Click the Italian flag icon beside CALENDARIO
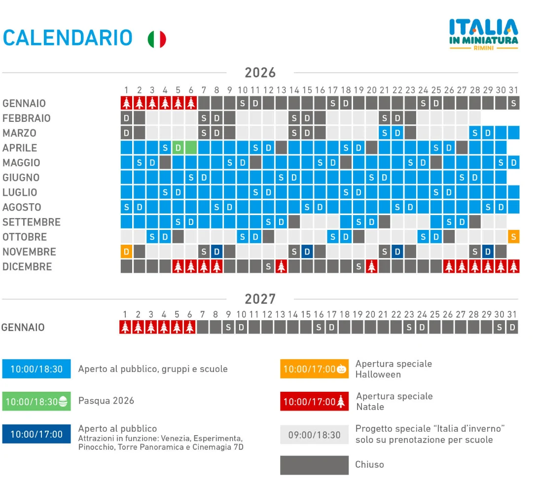pyautogui.click(x=157, y=39)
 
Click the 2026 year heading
pyautogui.click(x=260, y=73)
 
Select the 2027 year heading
pyautogui.click(x=260, y=299)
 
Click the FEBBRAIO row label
pyautogui.click(x=27, y=118)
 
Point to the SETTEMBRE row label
pyautogui.click(x=32, y=222)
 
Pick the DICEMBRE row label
pyautogui.click(x=27, y=266)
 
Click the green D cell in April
pyautogui.click(x=178, y=148)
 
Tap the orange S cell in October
pyautogui.click(x=513, y=237)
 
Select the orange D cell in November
pyautogui.click(x=127, y=252)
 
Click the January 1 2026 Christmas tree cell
pyautogui.click(x=127, y=103)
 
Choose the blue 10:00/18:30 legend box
pyautogui.click(x=36, y=369)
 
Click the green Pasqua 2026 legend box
pyautogui.click(x=36, y=402)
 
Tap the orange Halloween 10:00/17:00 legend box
pyautogui.click(x=315, y=369)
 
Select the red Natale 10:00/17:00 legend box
pyautogui.click(x=315, y=402)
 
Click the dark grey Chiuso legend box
pyautogui.click(x=315, y=465)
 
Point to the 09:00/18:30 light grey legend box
pyautogui.click(x=315, y=435)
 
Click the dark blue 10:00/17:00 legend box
pyautogui.click(x=36, y=434)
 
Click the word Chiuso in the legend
pyautogui.click(x=369, y=464)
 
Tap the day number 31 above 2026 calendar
pyautogui.click(x=513, y=90)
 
